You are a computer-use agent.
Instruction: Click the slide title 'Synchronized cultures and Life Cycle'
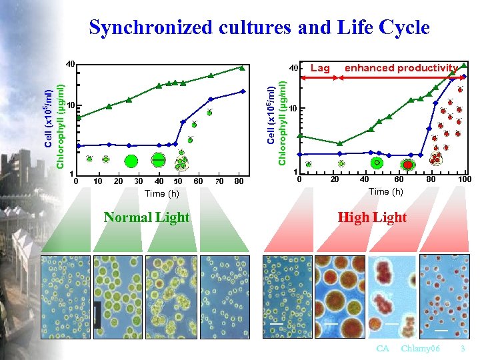[259, 27]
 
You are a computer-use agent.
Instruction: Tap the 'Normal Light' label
[147, 218]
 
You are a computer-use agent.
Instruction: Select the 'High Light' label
[372, 218]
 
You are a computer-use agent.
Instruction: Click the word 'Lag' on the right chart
[320, 68]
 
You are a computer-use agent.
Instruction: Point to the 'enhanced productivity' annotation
[401, 68]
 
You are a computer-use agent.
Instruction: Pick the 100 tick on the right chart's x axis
[464, 179]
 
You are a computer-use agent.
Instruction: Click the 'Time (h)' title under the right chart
[385, 191]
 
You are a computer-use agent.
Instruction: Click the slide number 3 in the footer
[462, 349]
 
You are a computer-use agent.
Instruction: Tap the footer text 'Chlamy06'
[421, 349]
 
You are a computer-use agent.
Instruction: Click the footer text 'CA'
[383, 349]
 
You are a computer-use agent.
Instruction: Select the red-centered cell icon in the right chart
[407, 164]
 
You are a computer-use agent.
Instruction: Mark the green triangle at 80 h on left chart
[243, 67]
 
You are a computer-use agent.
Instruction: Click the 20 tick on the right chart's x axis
[335, 179]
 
